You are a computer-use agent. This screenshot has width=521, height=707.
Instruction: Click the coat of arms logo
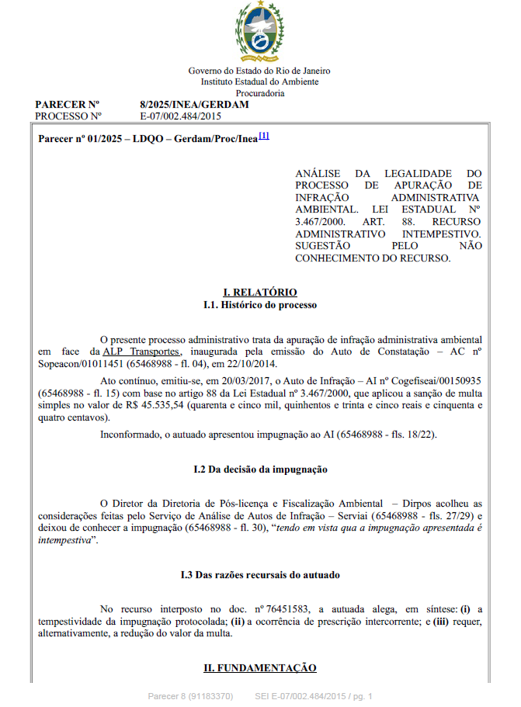(259, 32)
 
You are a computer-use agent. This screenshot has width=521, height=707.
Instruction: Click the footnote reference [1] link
(264, 136)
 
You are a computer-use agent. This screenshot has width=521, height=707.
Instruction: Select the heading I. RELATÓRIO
(259, 293)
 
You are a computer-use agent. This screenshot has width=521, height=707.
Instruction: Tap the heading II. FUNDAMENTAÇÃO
(259, 668)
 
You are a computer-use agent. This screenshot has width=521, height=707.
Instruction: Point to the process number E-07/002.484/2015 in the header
(181, 116)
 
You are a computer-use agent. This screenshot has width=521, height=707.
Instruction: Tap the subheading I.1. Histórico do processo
(259, 305)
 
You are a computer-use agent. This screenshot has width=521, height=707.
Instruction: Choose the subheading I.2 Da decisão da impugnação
(259, 470)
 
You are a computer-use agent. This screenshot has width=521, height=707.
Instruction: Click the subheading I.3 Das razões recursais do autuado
(259, 575)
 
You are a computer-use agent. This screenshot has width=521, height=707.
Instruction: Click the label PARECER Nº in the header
(68, 104)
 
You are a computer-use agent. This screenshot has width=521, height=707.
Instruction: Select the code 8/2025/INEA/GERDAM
(194, 104)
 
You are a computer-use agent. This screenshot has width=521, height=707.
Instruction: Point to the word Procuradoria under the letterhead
(259, 93)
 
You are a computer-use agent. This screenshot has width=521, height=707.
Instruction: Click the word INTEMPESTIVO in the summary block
(441, 233)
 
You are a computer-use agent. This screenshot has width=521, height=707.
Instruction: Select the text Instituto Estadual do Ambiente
(259, 81)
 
